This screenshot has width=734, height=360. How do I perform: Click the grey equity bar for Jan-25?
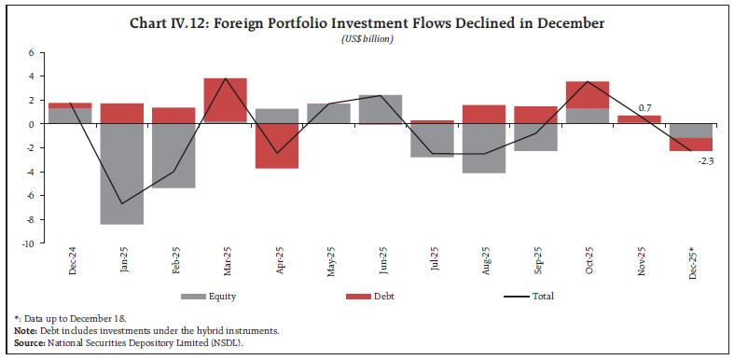pyautogui.click(x=122, y=174)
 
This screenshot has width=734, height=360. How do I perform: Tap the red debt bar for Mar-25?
pyautogui.click(x=226, y=100)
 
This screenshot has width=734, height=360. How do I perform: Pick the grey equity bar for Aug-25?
pyautogui.click(x=483, y=148)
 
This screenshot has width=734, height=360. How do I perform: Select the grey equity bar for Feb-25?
pyautogui.click(x=173, y=156)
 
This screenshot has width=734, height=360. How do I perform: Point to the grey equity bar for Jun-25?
pyautogui.click(x=380, y=109)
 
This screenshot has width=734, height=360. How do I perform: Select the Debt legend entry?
pyautogui.click(x=383, y=297)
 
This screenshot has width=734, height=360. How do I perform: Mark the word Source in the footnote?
pyautogui.click(x=28, y=343)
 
